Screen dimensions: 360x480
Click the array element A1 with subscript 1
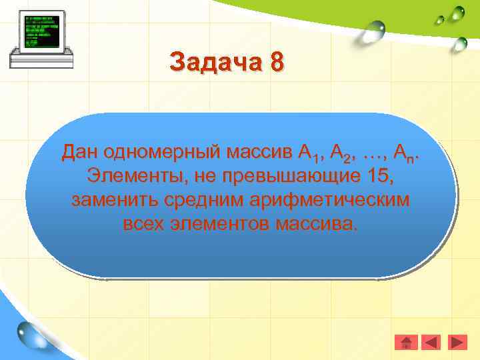point(310,154)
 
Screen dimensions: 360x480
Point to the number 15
point(379,177)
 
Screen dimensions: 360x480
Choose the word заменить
point(111,200)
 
